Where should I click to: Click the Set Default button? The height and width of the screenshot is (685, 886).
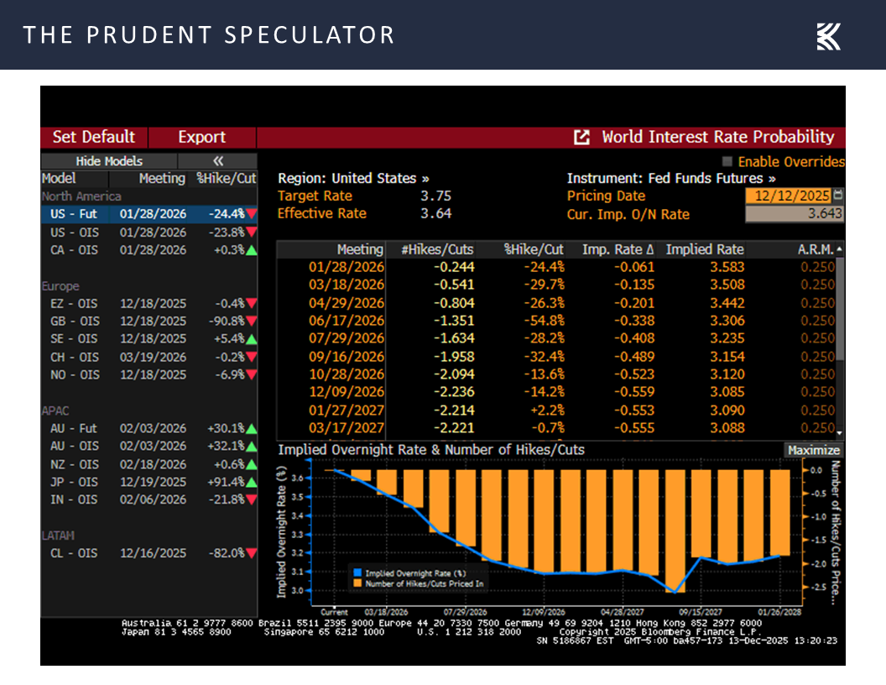pos(93,137)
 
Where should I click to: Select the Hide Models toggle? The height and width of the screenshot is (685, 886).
pos(109,161)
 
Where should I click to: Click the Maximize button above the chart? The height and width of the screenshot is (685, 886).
pos(813,450)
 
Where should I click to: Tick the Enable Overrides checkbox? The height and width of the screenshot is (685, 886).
pos(727,161)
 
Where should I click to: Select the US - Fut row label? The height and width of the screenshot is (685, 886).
pos(73,214)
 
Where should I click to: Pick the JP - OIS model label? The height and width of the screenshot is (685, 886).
pos(75,482)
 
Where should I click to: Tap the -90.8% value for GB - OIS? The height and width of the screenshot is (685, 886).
pos(226,321)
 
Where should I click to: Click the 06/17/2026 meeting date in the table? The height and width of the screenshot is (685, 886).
pos(347,321)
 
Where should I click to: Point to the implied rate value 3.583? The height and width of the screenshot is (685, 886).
pos(726,267)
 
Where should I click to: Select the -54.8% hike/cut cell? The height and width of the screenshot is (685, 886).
pos(545,321)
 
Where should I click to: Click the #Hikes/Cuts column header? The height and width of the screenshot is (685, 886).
pos(435,249)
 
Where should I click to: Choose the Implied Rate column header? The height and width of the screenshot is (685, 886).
pos(704,249)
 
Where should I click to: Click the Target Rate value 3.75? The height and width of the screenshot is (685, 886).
pos(435,196)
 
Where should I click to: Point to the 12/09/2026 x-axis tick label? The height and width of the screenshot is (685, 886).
pos(543,612)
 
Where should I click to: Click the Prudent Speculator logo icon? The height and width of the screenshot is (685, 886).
pos(828,36)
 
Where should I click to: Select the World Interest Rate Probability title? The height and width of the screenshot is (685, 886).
pos(717,137)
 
